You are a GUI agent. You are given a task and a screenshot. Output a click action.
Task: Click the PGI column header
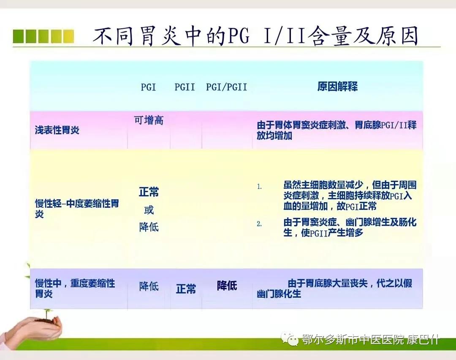[148, 87]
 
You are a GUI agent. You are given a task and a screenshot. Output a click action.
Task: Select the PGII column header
[185, 87]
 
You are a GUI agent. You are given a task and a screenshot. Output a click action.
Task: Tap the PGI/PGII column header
[226, 87]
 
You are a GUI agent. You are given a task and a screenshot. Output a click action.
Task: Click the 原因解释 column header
[337, 87]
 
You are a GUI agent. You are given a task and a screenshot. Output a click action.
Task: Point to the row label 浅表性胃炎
[57, 130]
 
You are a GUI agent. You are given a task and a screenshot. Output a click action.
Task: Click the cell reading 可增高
[149, 120]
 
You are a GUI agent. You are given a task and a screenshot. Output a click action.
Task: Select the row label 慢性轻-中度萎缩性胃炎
[76, 208]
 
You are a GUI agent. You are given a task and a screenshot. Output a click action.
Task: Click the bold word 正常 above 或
[149, 192]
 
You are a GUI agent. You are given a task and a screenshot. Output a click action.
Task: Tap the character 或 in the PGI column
[149, 210]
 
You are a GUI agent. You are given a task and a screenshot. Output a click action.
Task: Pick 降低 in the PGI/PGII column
[227, 286]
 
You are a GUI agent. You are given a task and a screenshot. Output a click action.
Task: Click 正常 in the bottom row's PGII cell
[186, 289]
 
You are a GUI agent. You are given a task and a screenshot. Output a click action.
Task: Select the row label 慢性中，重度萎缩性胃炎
[75, 288]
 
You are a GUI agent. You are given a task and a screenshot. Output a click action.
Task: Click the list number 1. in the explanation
[260, 186]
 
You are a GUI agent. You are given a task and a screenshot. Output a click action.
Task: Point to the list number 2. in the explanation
[260, 224]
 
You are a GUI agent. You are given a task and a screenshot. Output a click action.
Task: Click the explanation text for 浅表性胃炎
[337, 130]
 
